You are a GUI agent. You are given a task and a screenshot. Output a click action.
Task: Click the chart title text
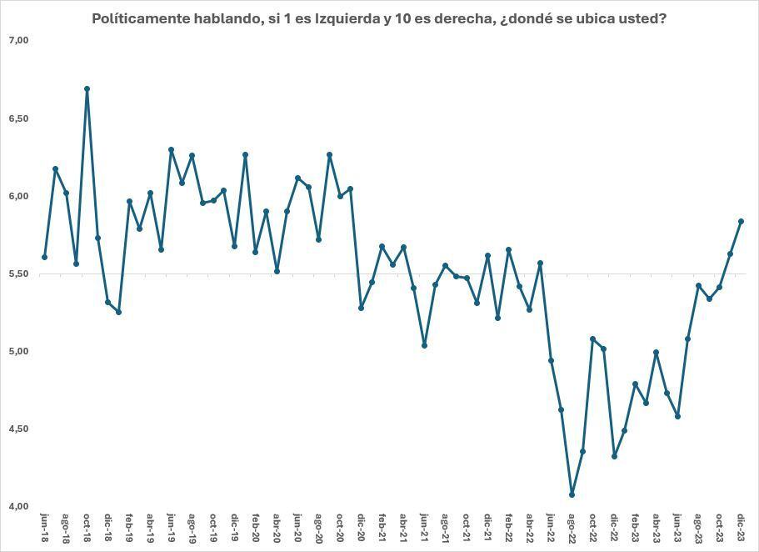379,18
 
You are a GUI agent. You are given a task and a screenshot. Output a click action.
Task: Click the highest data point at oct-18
87,88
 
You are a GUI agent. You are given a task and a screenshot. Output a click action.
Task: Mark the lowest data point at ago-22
572,494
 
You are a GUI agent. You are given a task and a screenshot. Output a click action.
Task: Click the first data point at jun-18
44,257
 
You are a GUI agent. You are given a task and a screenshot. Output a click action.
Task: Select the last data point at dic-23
741,221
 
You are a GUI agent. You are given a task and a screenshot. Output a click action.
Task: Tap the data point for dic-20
361,308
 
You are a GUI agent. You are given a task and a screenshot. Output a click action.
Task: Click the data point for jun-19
171,150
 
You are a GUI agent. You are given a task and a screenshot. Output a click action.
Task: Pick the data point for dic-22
614,456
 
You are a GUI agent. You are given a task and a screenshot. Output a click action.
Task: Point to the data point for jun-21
424,345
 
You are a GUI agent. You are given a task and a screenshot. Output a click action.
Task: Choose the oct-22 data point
592,339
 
